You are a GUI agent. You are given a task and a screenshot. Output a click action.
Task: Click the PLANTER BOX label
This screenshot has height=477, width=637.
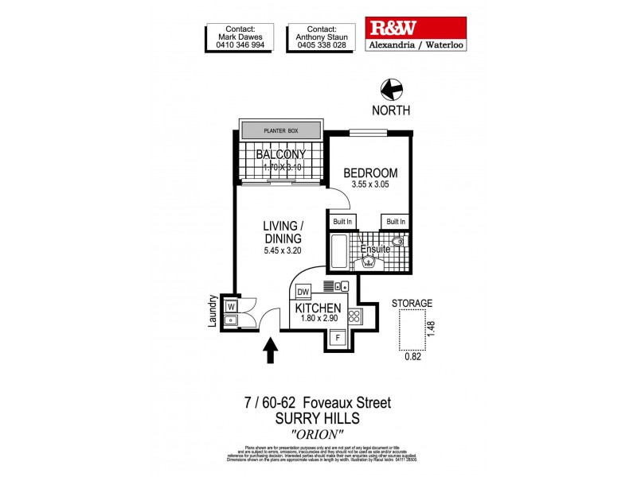(x=281, y=128)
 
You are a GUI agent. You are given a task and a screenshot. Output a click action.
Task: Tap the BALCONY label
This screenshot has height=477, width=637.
(x=279, y=154)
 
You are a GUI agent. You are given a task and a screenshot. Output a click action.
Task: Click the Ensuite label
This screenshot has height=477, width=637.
(x=376, y=249)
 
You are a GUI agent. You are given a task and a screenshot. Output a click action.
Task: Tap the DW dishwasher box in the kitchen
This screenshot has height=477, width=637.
(x=303, y=293)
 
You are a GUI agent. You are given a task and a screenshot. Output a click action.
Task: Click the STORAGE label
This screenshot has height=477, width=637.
(x=412, y=303)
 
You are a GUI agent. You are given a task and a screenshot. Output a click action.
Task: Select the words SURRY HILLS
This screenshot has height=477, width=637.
(x=318, y=418)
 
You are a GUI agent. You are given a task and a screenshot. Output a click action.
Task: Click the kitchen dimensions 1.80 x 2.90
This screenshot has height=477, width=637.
(x=318, y=320)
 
